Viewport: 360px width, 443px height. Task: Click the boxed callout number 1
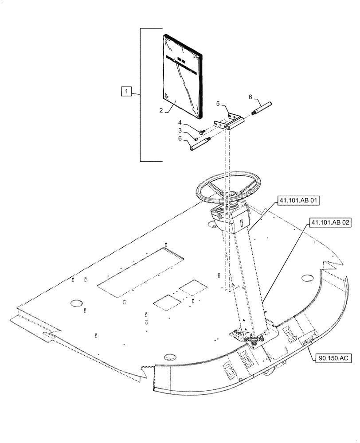(x=127, y=91)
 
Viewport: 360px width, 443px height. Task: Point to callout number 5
(x=218, y=104)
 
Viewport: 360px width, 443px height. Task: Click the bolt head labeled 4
(x=202, y=131)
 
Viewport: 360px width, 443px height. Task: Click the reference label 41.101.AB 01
(x=298, y=201)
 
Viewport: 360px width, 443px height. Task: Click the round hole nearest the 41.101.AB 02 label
(x=306, y=278)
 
